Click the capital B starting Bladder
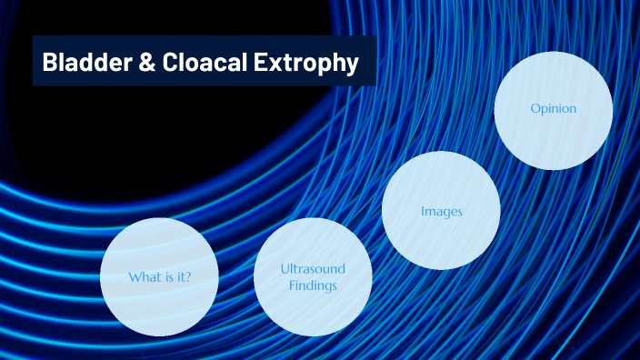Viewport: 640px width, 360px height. (x=49, y=63)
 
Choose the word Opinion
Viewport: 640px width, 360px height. (x=553, y=109)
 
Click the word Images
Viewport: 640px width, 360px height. (x=442, y=212)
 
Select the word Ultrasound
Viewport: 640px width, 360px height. (x=313, y=269)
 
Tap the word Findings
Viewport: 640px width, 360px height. (x=313, y=285)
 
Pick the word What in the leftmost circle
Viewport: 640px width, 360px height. (x=145, y=277)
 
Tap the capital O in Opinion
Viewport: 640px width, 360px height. (x=535, y=109)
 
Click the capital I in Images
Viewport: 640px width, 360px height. (x=423, y=212)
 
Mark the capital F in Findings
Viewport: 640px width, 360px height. (x=293, y=285)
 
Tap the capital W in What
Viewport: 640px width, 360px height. (x=134, y=277)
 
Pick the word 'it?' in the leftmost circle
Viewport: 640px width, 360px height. (x=183, y=277)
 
